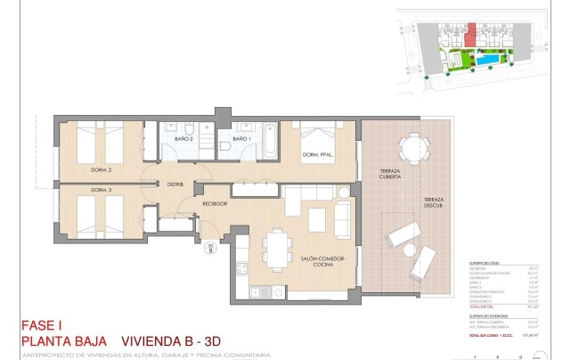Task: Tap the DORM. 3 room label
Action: [100, 191]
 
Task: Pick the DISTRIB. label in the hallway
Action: [176, 184]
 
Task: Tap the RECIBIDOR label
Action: [216, 203]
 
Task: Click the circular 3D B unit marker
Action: [210, 250]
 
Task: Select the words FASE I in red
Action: [45, 325]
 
